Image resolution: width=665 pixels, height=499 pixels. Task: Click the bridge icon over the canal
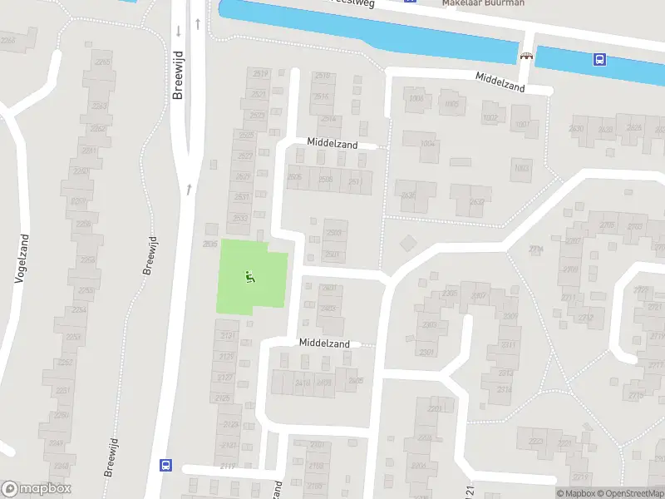pyautogui.click(x=525, y=57)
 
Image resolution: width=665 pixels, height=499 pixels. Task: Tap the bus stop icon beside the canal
pyautogui.click(x=598, y=59)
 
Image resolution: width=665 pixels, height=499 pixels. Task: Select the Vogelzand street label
pyautogui.click(x=23, y=259)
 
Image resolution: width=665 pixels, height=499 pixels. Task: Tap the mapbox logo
pyautogui.click(x=37, y=489)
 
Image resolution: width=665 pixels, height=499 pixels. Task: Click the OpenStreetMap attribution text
pyautogui.click(x=628, y=493)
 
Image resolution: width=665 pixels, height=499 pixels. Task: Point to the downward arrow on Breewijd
pyautogui.click(x=179, y=32)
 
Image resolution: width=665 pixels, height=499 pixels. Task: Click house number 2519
pyautogui.click(x=259, y=74)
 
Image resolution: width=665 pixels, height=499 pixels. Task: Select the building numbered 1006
pyautogui.click(x=416, y=99)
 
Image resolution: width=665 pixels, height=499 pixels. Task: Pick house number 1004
pyautogui.click(x=429, y=144)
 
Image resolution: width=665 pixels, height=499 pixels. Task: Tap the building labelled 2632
pyautogui.click(x=476, y=201)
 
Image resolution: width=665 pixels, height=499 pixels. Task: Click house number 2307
pyautogui.click(x=478, y=296)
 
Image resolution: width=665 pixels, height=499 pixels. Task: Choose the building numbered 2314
pyautogui.click(x=504, y=389)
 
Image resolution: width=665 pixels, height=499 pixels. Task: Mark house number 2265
pyautogui.click(x=102, y=62)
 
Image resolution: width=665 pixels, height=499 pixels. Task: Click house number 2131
pyautogui.click(x=226, y=335)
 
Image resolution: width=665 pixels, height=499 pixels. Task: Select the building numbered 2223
pyautogui.click(x=536, y=442)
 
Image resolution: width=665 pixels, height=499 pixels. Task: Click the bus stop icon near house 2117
pyautogui.click(x=165, y=466)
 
